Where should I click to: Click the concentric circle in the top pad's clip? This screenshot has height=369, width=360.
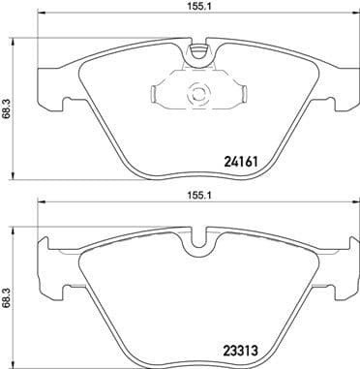pyautogui.click(x=198, y=95)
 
